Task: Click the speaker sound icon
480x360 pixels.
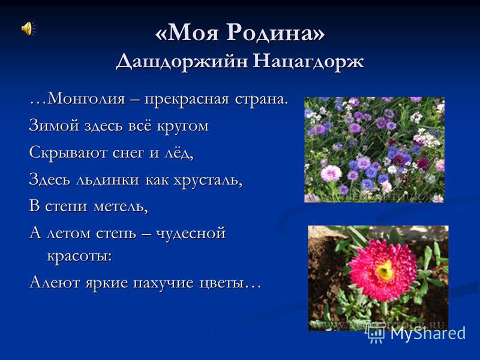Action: pyautogui.click(x=28, y=28)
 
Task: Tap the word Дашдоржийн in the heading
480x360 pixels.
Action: pyautogui.click(x=182, y=61)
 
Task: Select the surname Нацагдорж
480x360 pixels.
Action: pyautogui.click(x=309, y=61)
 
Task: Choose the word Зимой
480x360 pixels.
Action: pyautogui.click(x=54, y=126)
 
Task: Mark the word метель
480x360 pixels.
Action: pyautogui.click(x=121, y=206)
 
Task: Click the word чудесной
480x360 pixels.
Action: pyautogui.click(x=191, y=234)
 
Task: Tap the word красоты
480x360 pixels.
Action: pyautogui.click(x=80, y=256)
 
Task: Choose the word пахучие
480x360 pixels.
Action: pyautogui.click(x=163, y=283)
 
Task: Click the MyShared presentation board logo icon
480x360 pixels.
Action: pyautogui.click(x=376, y=332)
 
